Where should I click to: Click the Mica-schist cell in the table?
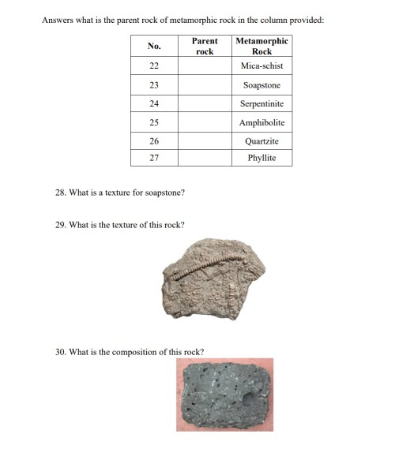click(x=261, y=66)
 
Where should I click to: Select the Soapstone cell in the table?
click(x=261, y=85)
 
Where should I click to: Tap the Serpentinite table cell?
click(x=261, y=103)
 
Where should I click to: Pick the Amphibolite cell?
click(x=261, y=122)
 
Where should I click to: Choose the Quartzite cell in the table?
click(x=261, y=141)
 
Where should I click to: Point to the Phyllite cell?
click(x=261, y=158)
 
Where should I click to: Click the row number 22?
click(x=154, y=66)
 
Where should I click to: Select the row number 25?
click(x=154, y=122)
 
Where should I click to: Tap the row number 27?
click(x=154, y=158)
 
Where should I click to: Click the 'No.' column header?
click(x=154, y=46)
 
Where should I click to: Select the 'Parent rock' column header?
click(x=205, y=46)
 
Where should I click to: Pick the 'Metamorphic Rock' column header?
click(x=261, y=46)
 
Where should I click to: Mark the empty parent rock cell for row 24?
click(x=205, y=103)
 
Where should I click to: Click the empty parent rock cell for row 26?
click(x=205, y=141)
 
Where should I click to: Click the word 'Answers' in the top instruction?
click(x=57, y=19)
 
